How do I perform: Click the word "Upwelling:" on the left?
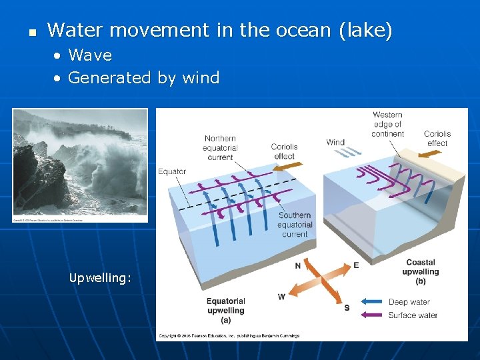(100, 278)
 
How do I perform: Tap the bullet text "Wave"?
(90, 55)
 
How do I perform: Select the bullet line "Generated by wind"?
(143, 78)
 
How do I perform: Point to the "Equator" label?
(172, 171)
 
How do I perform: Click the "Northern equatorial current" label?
(220, 148)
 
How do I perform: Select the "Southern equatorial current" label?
(295, 225)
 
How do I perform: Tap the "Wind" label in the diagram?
(335, 142)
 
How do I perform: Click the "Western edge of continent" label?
(387, 124)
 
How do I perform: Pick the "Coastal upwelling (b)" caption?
(421, 272)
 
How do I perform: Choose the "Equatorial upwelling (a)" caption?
(226, 310)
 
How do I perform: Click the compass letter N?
(297, 266)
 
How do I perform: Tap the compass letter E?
(356, 265)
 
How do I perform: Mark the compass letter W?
(281, 297)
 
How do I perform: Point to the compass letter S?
(347, 307)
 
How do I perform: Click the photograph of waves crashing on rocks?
(80, 165)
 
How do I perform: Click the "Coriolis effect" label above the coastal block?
(437, 138)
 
